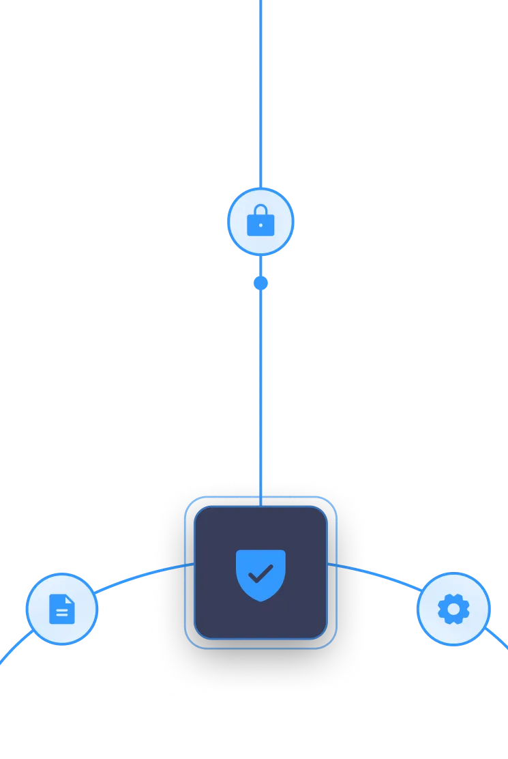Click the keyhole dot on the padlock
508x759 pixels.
[x=260, y=225]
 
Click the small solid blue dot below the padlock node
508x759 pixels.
[x=260, y=283]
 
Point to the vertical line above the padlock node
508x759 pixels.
[x=260, y=89]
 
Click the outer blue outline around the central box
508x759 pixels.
[x=185, y=573]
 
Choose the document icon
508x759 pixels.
[x=61, y=609]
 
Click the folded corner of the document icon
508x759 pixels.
[x=70, y=599]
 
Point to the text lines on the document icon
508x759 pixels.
[x=61, y=614]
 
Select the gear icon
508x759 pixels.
[x=453, y=609]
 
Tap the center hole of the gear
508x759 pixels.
[x=453, y=609]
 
